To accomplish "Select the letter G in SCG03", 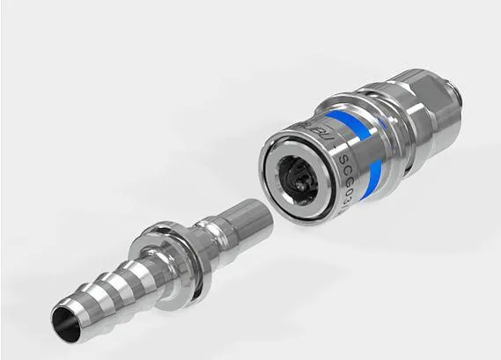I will click(350, 155).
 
